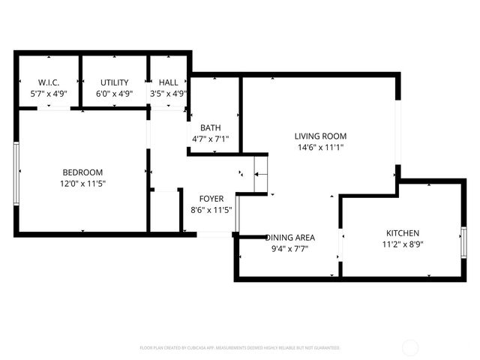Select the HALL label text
click(169, 82)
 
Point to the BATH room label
click(210, 127)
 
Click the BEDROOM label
click(82, 172)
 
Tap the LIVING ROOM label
click(320, 136)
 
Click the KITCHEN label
click(403, 232)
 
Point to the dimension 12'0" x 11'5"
click(82, 184)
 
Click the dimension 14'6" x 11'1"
click(320, 147)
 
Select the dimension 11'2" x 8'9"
click(403, 244)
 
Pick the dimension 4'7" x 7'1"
click(210, 139)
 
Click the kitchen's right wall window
click(463, 241)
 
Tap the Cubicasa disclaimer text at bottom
click(240, 348)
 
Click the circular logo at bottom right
click(410, 347)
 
